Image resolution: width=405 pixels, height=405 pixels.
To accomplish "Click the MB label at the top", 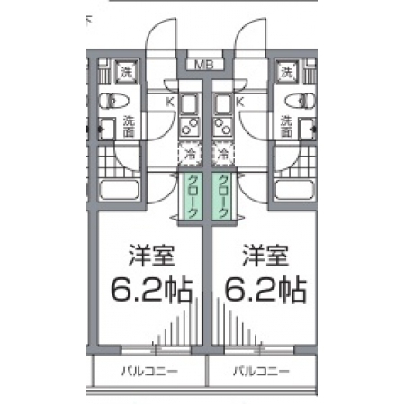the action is tap(204, 65).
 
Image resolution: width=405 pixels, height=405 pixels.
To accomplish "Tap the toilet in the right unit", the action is tap(301, 101).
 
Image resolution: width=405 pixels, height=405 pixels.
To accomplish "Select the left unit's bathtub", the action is tap(120, 190).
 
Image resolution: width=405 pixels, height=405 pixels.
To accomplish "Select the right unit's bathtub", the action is tap(295, 190).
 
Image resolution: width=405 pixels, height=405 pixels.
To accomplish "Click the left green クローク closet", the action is tap(193, 195).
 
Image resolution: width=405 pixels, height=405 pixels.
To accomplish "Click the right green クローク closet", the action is tap(222, 195).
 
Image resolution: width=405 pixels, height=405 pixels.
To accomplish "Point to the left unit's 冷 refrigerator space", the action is tap(190, 154).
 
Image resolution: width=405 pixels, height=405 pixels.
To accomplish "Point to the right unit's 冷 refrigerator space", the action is tap(222, 154).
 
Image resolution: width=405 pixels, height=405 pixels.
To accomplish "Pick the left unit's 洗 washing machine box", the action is tap(127, 72).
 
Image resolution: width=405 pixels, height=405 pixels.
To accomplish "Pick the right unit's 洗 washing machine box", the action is tap(287, 72).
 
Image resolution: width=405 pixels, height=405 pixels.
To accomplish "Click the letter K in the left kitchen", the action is tap(170, 102).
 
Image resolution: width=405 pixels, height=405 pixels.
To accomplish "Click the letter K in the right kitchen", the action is tap(240, 102).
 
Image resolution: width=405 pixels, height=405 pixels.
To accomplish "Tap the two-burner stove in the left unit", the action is tap(190, 126).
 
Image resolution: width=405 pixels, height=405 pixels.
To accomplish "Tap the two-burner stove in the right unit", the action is tap(223, 126).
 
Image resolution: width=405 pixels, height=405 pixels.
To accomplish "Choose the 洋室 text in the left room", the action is tap(152, 256).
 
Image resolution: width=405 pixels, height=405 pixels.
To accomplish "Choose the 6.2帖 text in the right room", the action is tap(265, 290).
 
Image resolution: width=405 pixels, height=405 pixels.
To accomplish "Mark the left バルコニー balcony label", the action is tap(149, 372).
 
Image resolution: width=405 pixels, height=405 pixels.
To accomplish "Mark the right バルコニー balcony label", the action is tap(262, 372).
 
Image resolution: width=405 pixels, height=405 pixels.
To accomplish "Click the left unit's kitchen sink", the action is tap(190, 103).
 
